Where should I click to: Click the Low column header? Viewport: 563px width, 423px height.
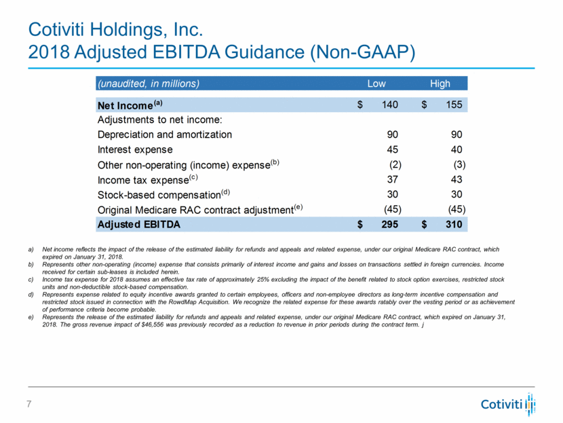(376, 84)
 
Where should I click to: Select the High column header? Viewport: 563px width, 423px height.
(440, 84)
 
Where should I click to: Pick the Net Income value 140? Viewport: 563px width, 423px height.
(389, 105)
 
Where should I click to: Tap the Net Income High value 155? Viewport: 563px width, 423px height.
(452, 105)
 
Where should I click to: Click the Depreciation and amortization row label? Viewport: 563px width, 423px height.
(165, 134)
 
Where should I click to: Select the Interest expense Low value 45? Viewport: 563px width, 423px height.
(391, 149)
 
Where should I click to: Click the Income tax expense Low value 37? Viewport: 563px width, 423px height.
(391, 179)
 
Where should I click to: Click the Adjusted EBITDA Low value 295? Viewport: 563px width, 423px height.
(389, 223)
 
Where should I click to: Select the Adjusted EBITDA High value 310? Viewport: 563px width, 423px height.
(452, 223)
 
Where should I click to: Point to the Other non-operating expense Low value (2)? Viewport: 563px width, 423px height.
(395, 164)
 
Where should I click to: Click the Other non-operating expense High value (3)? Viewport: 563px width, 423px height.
(459, 164)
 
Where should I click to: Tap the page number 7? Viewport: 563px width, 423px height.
(29, 405)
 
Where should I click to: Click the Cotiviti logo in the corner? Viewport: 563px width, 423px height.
(508, 405)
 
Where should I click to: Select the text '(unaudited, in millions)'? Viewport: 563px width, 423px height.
(149, 84)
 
